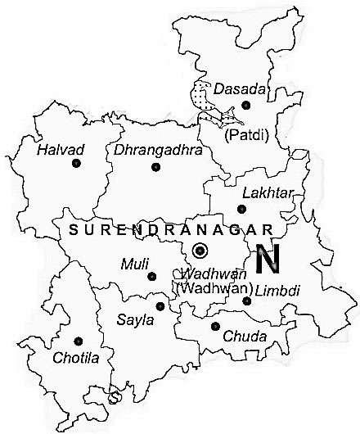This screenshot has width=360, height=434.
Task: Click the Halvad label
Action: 56,150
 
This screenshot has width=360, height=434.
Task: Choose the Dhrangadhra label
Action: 146,151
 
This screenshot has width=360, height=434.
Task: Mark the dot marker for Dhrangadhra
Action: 155,167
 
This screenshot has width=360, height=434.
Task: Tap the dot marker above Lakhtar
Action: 240,208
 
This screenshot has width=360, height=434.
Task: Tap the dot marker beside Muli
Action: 151,275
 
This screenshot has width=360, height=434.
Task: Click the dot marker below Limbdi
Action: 246,301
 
